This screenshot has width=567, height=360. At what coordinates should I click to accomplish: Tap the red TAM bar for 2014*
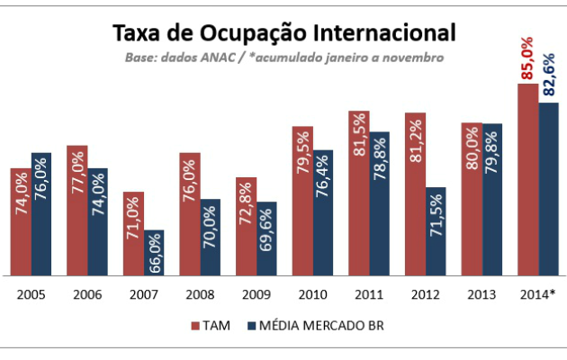pos(527,180)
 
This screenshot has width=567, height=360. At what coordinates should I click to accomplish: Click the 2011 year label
pos(369,293)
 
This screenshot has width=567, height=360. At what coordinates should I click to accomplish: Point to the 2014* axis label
pos(538,293)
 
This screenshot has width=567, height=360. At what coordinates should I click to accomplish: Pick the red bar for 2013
pos(471,199)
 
